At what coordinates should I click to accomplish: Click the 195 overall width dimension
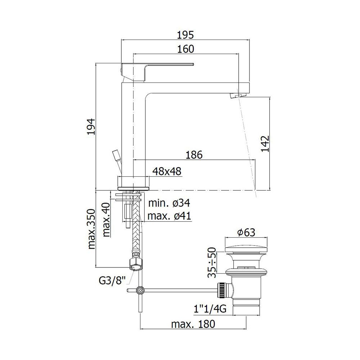tap(185, 35)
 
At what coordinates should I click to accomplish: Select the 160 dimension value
tap(185, 49)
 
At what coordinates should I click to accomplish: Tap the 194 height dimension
tap(91, 127)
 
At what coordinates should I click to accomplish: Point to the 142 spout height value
tap(265, 144)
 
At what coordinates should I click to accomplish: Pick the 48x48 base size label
tap(167, 171)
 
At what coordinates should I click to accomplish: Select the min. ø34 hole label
tap(169, 203)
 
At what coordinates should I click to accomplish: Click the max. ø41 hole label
tap(169, 216)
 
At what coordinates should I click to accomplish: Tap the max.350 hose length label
tap(91, 229)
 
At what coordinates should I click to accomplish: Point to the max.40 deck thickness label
tap(106, 220)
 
